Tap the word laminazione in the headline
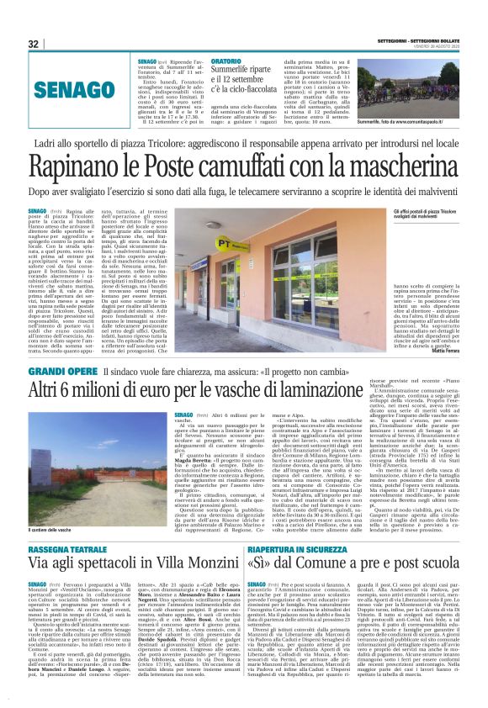374,390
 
